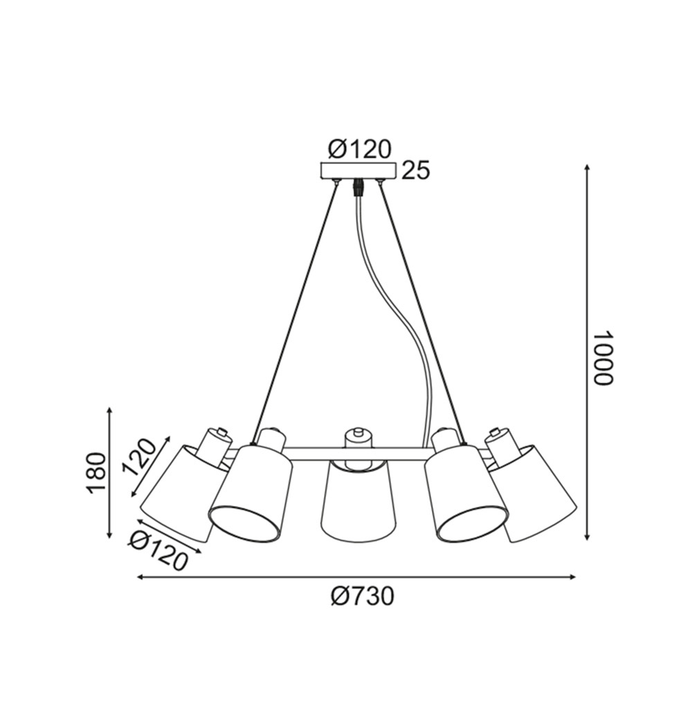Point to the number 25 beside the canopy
(415, 171)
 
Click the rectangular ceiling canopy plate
(358, 171)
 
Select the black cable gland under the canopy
(358, 187)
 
